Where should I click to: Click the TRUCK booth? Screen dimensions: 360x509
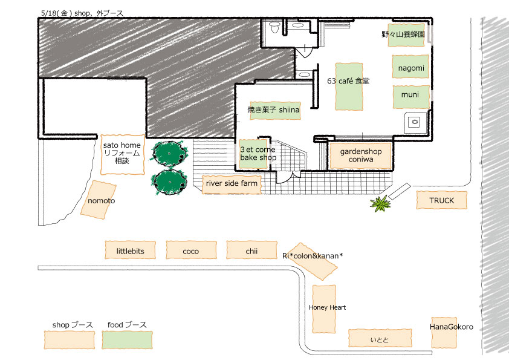pos(442,200)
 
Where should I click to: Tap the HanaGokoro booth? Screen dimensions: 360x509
pos(443,332)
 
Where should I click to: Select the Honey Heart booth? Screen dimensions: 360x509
pos(323,309)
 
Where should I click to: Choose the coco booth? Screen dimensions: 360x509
pos(190,250)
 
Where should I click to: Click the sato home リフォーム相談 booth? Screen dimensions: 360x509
pos(123,155)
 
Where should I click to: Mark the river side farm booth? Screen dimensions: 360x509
pos(232,184)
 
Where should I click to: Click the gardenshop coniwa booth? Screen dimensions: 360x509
pos(360,155)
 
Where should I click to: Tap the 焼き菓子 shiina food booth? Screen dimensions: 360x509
pos(275,110)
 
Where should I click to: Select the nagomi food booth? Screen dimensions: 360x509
pos(411,67)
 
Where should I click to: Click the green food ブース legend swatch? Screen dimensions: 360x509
pos(126,339)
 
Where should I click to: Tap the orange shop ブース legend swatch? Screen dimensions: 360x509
pos(71,339)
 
